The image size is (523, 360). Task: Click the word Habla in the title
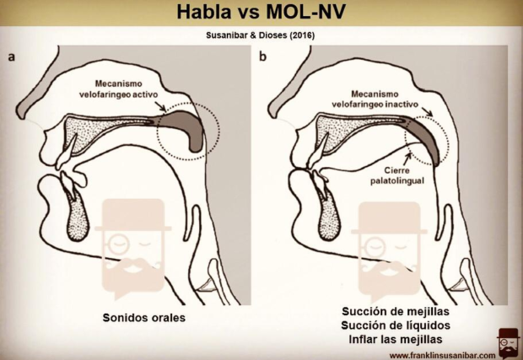point(203,13)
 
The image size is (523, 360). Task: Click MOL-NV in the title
point(305,13)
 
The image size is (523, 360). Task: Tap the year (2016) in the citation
point(302,35)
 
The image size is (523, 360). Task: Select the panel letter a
point(12,57)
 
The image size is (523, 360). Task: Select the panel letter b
point(263,56)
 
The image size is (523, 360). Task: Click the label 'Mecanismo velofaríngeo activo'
point(118,89)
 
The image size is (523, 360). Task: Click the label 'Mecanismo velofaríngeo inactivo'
point(375,99)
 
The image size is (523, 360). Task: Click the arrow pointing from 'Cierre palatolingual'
point(406,159)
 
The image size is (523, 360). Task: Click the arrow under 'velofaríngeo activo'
point(161,106)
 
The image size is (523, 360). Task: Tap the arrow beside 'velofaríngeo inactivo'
point(427,111)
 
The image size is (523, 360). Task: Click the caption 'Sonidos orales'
point(143,317)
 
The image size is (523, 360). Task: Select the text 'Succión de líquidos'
point(396,325)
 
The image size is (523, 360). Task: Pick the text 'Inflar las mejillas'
point(396,339)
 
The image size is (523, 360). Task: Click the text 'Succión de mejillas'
point(396,311)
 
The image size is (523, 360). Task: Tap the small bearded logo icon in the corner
point(508,342)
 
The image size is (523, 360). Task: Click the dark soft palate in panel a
point(186,126)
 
